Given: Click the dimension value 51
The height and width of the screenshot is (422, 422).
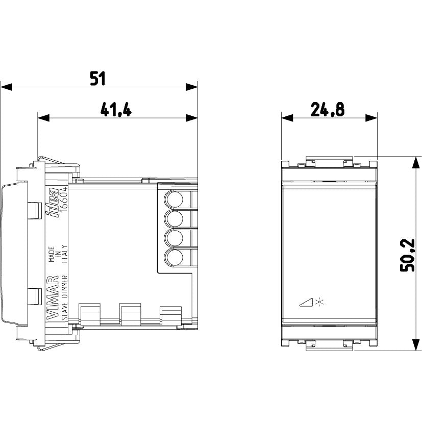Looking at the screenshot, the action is [97, 79].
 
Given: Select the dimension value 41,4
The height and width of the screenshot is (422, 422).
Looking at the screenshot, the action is [116, 110].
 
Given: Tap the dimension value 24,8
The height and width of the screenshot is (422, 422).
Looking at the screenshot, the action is [328, 110].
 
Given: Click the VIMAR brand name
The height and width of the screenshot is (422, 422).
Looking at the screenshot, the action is [53, 297].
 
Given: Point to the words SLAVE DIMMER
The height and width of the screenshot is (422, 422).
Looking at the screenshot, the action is [65, 297].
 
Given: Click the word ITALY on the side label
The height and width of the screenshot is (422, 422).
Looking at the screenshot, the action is [65, 254].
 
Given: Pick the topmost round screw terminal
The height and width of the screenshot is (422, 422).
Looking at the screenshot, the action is [173, 199].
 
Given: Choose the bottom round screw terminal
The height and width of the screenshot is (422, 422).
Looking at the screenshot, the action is [173, 258].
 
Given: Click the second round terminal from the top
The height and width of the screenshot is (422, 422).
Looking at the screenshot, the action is [173, 218].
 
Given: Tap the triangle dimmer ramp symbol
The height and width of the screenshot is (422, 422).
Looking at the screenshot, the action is [306, 302].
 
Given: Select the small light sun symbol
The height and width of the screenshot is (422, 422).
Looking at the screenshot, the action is [319, 302].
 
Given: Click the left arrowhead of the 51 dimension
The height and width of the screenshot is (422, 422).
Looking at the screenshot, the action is [6, 87].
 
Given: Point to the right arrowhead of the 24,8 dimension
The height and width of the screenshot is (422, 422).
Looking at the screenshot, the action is [371, 118].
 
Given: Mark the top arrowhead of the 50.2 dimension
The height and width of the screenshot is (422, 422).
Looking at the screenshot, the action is [416, 162].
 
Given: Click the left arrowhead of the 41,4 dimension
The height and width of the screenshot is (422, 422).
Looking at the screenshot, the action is [43, 118].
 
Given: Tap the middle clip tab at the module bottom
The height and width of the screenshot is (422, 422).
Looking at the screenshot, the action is [131, 313].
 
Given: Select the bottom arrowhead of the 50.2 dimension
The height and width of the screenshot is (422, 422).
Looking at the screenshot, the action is [416, 344].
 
